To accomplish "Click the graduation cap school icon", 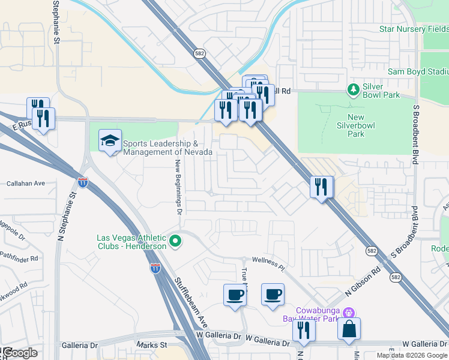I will click(110, 141).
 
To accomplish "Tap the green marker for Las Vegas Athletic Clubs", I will click(175, 242).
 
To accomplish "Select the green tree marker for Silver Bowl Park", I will click(354, 90).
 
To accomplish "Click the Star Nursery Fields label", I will click(414, 29).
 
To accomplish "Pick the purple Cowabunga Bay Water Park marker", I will click(349, 313).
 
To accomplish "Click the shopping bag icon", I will click(349, 329).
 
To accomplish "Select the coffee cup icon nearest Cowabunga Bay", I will click(273, 295).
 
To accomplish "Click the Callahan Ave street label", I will click(26, 183).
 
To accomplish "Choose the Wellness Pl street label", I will click(268, 260).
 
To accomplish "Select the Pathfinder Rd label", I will click(19, 259).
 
